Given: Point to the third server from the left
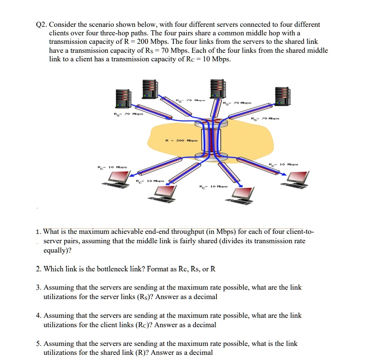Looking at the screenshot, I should [x=216, y=89].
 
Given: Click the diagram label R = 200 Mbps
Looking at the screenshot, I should [x=179, y=140].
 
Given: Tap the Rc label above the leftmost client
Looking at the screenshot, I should [x=112, y=168].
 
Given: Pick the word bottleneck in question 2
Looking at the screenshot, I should [x=99, y=268].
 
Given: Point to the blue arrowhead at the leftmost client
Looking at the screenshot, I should [x=132, y=175].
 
